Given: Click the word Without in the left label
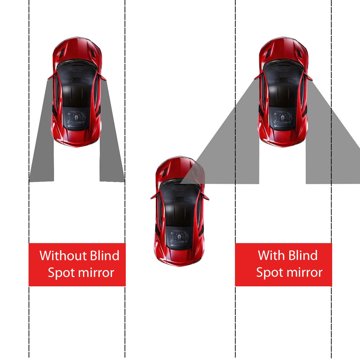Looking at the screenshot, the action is [x=64, y=255].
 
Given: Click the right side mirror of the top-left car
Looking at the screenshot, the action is [x=102, y=77].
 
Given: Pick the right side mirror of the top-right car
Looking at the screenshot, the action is [x=309, y=77].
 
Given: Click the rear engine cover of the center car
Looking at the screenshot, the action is [x=179, y=237].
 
